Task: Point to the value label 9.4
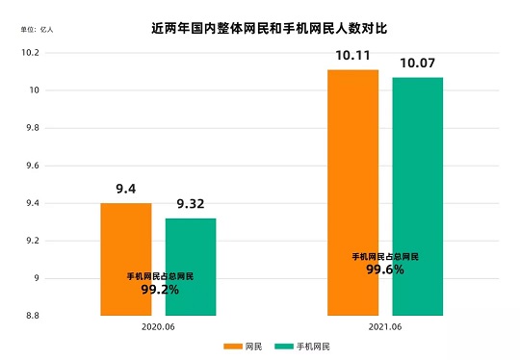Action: tap(126, 190)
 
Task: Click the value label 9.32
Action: tap(191, 204)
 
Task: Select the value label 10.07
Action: tap(417, 63)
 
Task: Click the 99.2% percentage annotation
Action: tap(160, 289)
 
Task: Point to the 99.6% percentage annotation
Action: tap(384, 270)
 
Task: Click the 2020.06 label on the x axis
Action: tap(158, 327)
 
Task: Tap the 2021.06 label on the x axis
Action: tap(384, 327)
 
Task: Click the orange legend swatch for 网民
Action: tap(232, 347)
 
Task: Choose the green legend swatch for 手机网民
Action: tap(282, 347)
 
